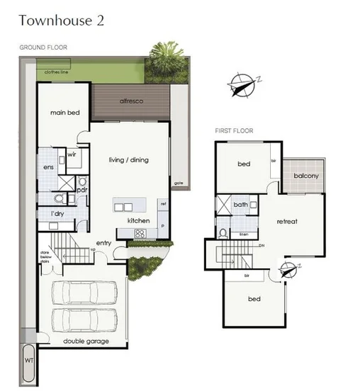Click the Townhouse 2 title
(62, 20)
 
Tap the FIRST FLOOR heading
(235, 131)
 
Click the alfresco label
(131, 101)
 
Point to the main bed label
(64, 112)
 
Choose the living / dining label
(128, 160)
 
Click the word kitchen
(138, 221)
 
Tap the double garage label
(84, 341)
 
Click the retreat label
(286, 221)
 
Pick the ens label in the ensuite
(49, 167)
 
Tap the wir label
(72, 154)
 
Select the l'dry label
(57, 213)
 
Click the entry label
(104, 243)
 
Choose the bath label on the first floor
(240, 205)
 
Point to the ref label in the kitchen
(163, 204)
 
